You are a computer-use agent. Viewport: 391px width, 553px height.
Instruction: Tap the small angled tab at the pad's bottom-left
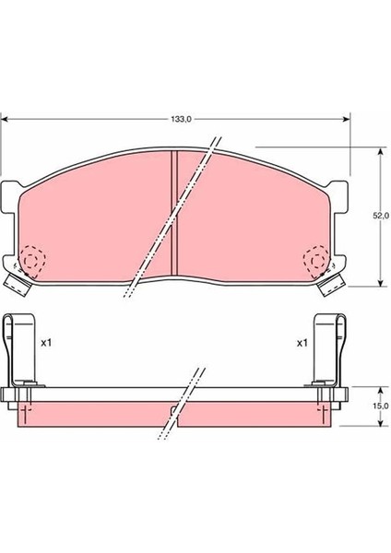point(16,282)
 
